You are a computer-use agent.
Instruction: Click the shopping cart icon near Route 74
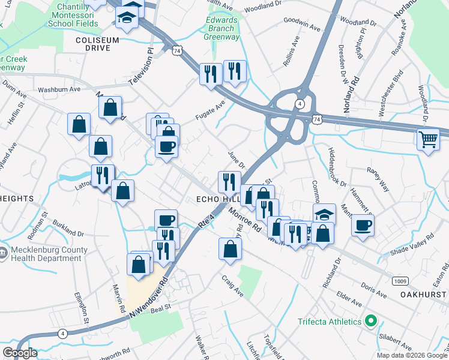tap(428, 140)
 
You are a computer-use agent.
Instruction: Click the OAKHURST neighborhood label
tap(424, 295)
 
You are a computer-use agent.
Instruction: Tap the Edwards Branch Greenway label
tap(221, 28)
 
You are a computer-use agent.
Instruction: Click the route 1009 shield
tap(401, 281)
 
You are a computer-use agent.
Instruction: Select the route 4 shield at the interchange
tap(298, 104)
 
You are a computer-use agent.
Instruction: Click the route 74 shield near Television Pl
tap(176, 52)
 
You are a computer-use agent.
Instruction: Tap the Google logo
tap(20, 353)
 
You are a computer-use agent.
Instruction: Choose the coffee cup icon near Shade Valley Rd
tap(363, 226)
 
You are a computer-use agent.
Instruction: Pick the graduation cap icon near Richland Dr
tap(324, 214)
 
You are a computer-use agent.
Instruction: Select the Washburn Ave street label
tap(59, 89)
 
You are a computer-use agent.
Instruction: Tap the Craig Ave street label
tap(232, 286)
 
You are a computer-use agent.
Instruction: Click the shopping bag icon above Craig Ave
tap(230, 249)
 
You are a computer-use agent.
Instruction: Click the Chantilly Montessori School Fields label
tap(74, 14)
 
